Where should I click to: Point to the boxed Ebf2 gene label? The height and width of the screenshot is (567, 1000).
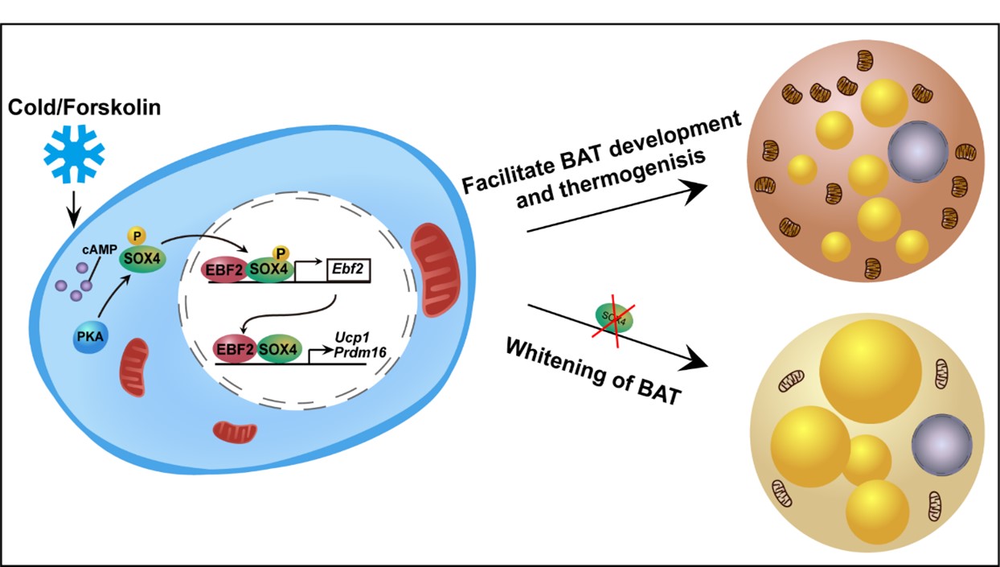pyautogui.click(x=348, y=272)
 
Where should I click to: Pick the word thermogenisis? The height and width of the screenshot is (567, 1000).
pyautogui.click(x=612, y=178)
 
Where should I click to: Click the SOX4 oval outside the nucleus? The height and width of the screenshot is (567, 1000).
pyautogui.click(x=138, y=260)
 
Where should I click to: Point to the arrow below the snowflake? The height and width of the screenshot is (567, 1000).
pyautogui.click(x=73, y=212)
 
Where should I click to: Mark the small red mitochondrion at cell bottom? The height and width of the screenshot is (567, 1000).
pyautogui.click(x=234, y=431)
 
